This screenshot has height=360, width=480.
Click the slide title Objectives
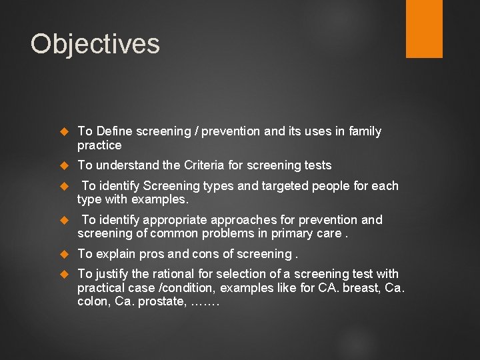click(x=95, y=44)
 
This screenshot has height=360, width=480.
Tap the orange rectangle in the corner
click(x=424, y=29)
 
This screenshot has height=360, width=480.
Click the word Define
click(x=114, y=131)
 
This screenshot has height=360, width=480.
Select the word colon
click(x=93, y=301)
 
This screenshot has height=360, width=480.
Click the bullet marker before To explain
click(x=65, y=254)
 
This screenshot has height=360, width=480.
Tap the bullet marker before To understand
click(x=65, y=165)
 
